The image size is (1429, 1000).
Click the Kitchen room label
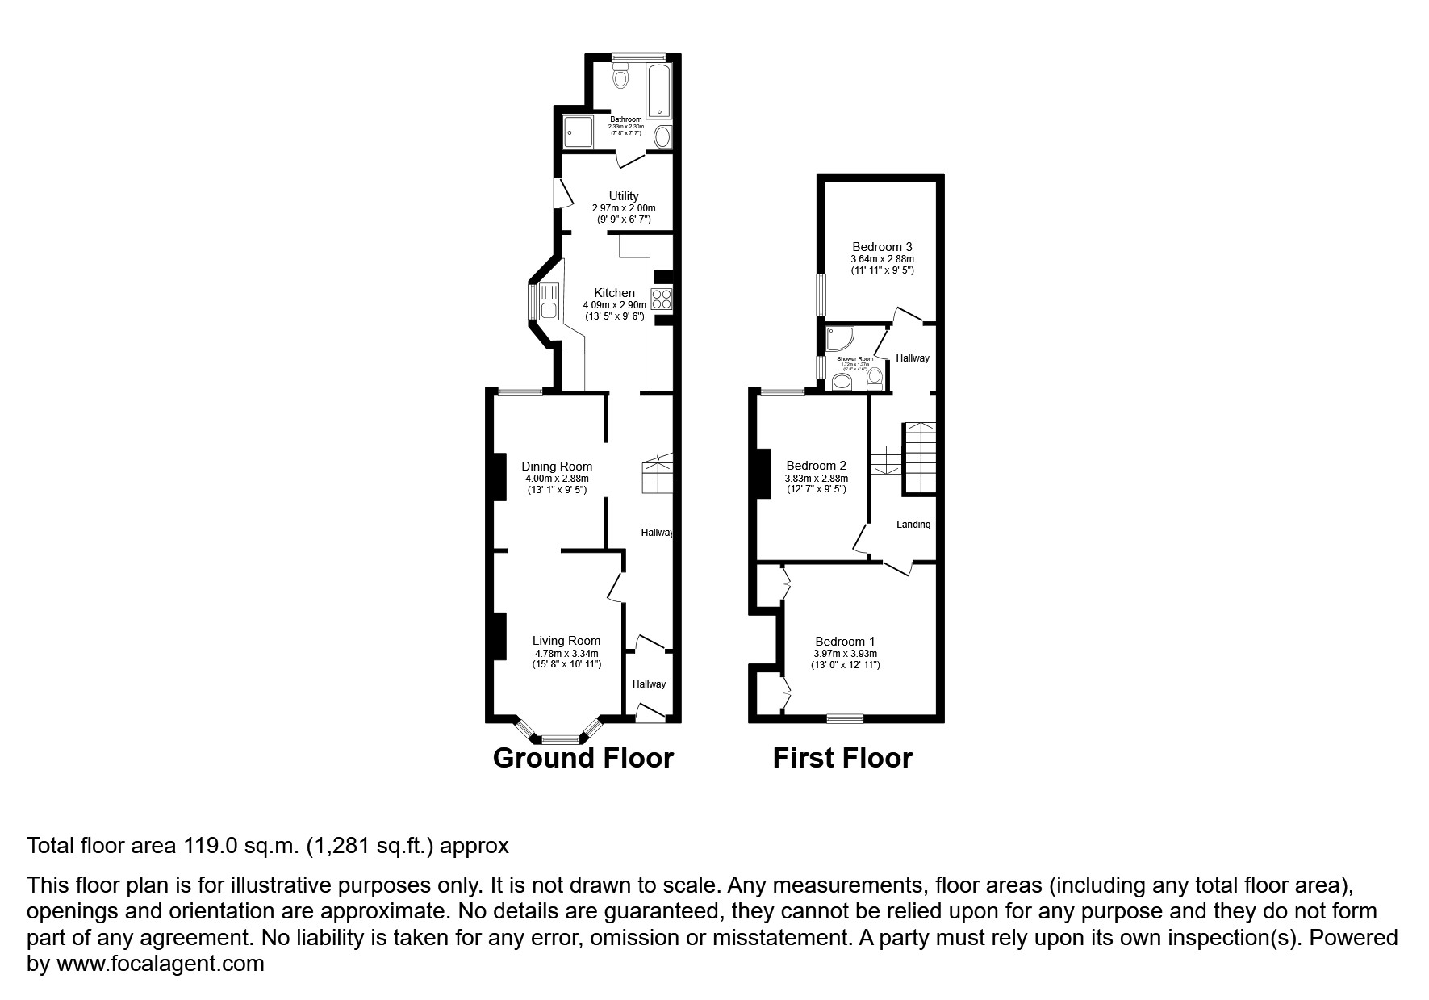coord(614,292)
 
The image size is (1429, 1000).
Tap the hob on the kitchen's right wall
coord(662,298)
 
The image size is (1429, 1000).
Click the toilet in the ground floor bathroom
coord(620,77)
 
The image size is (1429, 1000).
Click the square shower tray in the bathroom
coord(578,132)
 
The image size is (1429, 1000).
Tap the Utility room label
coord(623,196)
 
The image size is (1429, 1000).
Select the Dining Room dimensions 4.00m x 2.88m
coord(556,479)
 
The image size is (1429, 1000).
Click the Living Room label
coord(566,641)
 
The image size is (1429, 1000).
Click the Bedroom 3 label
coord(882,247)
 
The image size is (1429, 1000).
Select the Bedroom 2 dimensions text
coord(816,479)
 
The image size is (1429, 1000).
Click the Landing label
coord(913,525)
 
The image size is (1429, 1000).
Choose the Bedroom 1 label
coord(845,642)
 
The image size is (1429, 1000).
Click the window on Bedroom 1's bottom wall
coord(845,717)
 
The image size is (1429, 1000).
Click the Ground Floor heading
coord(583,759)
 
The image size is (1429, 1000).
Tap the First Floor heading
coord(842,759)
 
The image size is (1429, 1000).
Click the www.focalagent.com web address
coord(160,964)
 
